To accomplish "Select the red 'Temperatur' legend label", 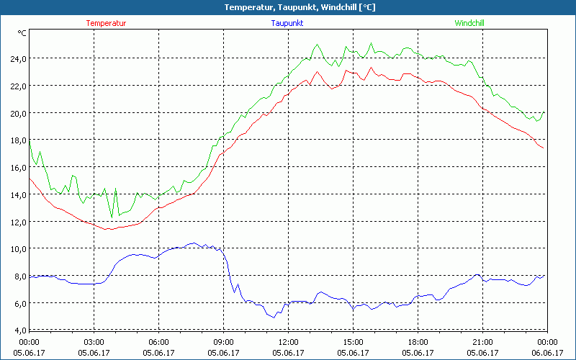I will tap(106, 23).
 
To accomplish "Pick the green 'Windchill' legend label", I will tap(469, 23).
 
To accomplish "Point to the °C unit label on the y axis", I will tap(22, 33).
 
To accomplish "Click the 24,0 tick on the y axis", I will tap(18, 58).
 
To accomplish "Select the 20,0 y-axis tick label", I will tap(18, 113).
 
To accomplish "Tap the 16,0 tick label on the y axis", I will tap(18, 167).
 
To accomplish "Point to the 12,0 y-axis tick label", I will tap(18, 222).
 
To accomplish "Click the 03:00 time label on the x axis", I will tap(94, 341).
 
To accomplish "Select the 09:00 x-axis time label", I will tap(224, 341).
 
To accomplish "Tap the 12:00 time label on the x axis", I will tap(289, 341).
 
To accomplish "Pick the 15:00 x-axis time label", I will tap(353, 341).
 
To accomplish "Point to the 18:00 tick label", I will tap(418, 341).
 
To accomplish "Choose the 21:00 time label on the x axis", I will tap(482, 341).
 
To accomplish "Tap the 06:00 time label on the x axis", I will tap(159, 341).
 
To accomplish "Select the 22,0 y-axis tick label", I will tap(18, 86).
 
